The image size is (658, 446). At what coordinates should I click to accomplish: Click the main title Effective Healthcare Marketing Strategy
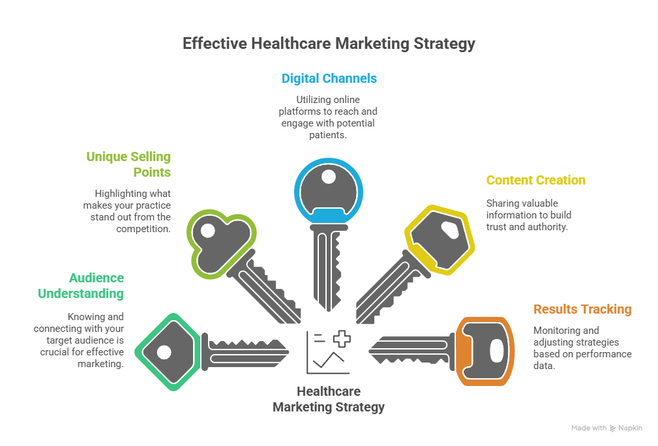[x=329, y=44]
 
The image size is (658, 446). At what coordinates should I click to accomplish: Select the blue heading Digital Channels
[x=329, y=78]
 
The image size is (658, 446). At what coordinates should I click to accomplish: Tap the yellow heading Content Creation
[x=535, y=180]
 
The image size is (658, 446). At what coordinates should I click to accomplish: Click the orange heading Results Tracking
[x=582, y=309]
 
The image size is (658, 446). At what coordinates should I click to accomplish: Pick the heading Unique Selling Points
[x=128, y=164]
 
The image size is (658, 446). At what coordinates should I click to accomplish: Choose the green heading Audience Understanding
[x=81, y=286]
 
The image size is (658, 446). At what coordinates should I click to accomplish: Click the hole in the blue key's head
[x=328, y=177]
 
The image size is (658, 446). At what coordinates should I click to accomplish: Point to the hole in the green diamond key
[x=164, y=352]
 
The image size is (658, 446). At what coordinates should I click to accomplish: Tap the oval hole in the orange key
[x=496, y=350]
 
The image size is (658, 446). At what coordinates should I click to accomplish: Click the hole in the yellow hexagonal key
[x=451, y=230]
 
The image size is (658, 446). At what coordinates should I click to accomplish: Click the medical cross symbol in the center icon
[x=341, y=338]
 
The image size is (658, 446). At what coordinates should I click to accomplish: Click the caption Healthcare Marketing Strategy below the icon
[x=329, y=399]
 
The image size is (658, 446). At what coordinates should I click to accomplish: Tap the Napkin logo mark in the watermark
[x=613, y=428]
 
